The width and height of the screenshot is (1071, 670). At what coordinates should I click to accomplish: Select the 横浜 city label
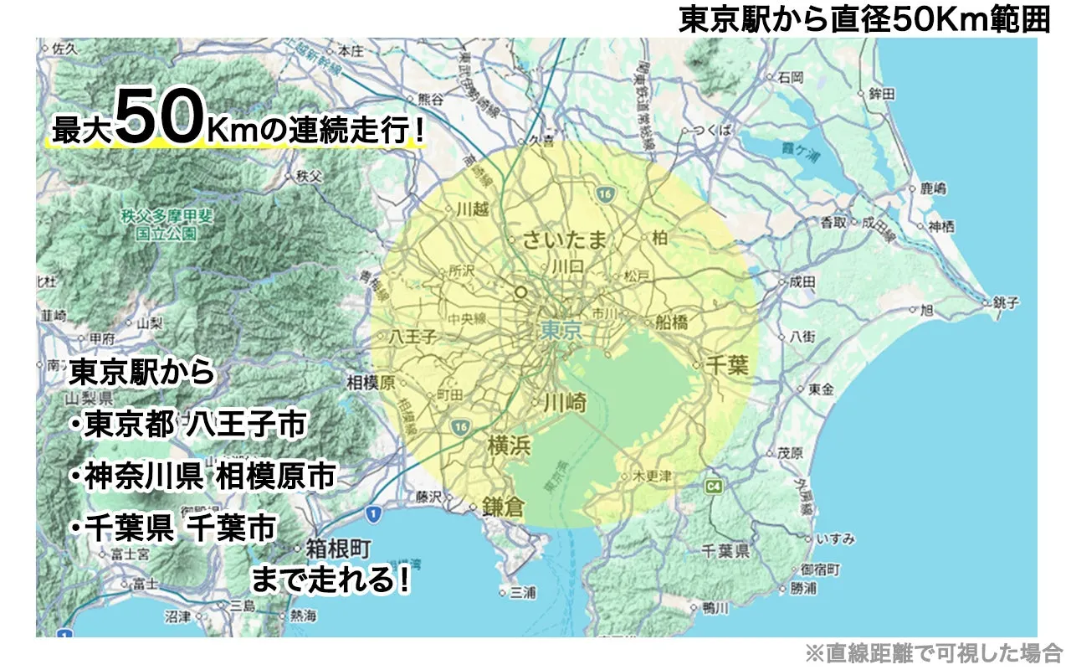[x=509, y=446]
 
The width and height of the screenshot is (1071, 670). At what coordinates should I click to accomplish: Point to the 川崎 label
[x=565, y=403]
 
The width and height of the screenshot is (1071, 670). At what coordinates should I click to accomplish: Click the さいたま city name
[x=564, y=241]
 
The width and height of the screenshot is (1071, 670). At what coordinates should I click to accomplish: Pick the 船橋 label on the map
[x=672, y=322]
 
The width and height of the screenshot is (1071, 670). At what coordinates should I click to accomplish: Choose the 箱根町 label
[x=338, y=549]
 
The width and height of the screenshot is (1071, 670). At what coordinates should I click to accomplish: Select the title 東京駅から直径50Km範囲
[x=863, y=19]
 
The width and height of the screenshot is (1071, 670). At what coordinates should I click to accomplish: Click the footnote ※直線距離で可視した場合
[x=933, y=652]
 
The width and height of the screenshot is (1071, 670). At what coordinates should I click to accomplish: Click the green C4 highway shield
[x=714, y=486]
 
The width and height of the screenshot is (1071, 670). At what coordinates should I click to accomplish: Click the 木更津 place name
[x=653, y=476]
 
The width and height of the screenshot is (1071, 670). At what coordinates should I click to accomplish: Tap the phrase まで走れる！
[x=331, y=580]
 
